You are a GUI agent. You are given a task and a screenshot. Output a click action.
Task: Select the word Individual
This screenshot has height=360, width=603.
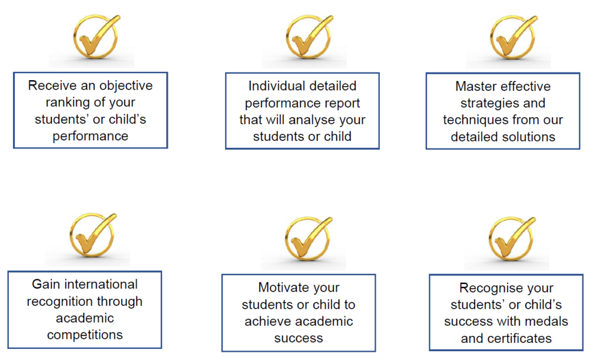tap(274, 86)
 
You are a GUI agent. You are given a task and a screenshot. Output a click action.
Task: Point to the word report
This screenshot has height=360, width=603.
tap(340, 104)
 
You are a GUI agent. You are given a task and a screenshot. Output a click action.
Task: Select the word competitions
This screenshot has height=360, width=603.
tap(85, 335)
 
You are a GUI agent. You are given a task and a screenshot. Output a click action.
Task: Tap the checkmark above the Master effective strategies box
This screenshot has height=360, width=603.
tap(513, 37)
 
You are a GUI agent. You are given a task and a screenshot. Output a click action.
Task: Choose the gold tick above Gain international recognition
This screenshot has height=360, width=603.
tap(92, 235)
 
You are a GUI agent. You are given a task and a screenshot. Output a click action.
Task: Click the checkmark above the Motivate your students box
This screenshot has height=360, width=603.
tap(308, 239)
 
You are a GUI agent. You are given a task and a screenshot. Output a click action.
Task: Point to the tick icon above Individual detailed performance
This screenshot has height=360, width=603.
tap(309, 37)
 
